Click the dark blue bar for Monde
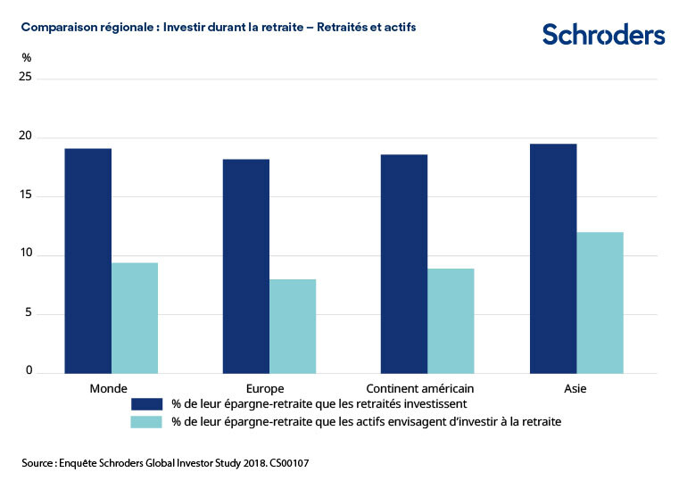(x=87, y=261)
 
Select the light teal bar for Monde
(x=135, y=318)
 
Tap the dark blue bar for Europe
(x=246, y=266)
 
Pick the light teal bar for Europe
(x=293, y=326)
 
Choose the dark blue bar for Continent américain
(x=404, y=263)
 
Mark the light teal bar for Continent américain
(x=451, y=320)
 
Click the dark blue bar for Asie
(x=553, y=258)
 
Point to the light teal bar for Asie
(x=600, y=303)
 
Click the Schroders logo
(x=604, y=35)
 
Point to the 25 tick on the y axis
(x=26, y=78)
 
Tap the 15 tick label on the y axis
(x=26, y=196)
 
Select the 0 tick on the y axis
(x=29, y=372)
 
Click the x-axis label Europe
(x=265, y=388)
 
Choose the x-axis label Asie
(x=575, y=388)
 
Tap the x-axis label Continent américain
(x=420, y=388)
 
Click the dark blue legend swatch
(x=145, y=404)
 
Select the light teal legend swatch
(x=145, y=421)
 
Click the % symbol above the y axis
(x=27, y=57)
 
